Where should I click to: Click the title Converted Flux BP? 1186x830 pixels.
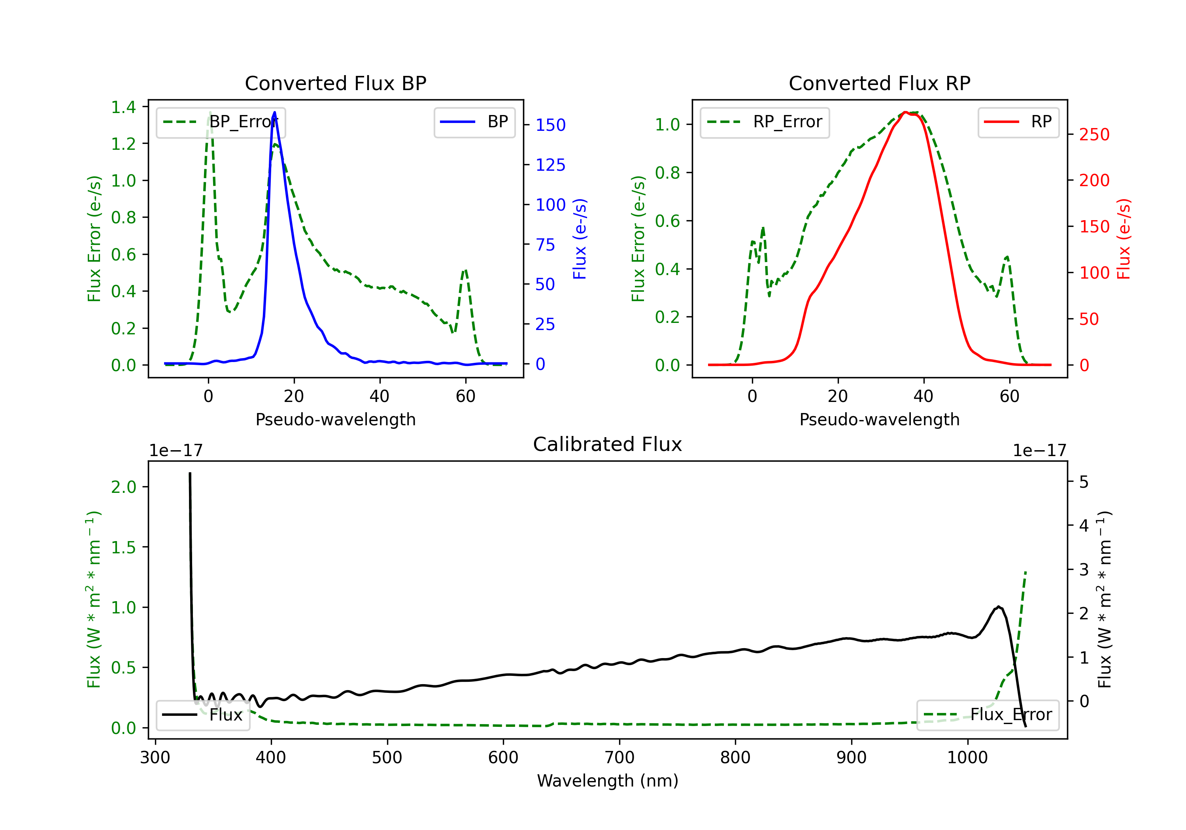pos(335,83)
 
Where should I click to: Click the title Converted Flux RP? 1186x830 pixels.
pos(879,83)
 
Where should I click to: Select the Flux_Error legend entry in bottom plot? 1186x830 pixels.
pos(988,715)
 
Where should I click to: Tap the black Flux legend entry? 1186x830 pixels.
pos(203,715)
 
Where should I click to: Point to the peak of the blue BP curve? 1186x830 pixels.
pos(274,112)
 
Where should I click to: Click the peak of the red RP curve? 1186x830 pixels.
pos(906,112)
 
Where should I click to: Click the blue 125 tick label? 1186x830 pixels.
pos(550,165)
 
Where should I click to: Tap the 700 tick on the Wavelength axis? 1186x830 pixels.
pos(619,757)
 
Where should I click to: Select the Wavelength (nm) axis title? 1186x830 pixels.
pos(608,781)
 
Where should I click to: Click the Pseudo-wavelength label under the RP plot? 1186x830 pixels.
pos(879,419)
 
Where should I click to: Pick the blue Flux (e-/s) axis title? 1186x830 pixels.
pos(580,239)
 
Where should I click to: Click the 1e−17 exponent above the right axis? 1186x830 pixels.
pos(1039,451)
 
